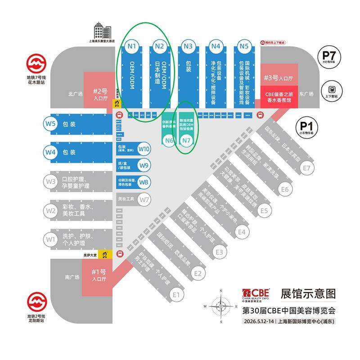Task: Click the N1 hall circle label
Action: pos(132,45)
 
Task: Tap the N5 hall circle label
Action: pos(244,45)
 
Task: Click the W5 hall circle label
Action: pos(50,124)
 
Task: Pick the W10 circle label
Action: pos(144,148)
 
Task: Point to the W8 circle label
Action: pos(144,183)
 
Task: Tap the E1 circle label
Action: pos(176,295)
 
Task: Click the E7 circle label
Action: pos(306,168)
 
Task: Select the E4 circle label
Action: pos(242,232)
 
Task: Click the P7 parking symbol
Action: pos(332,57)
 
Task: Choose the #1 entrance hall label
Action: pos(98,274)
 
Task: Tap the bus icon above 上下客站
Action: pos(333,89)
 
